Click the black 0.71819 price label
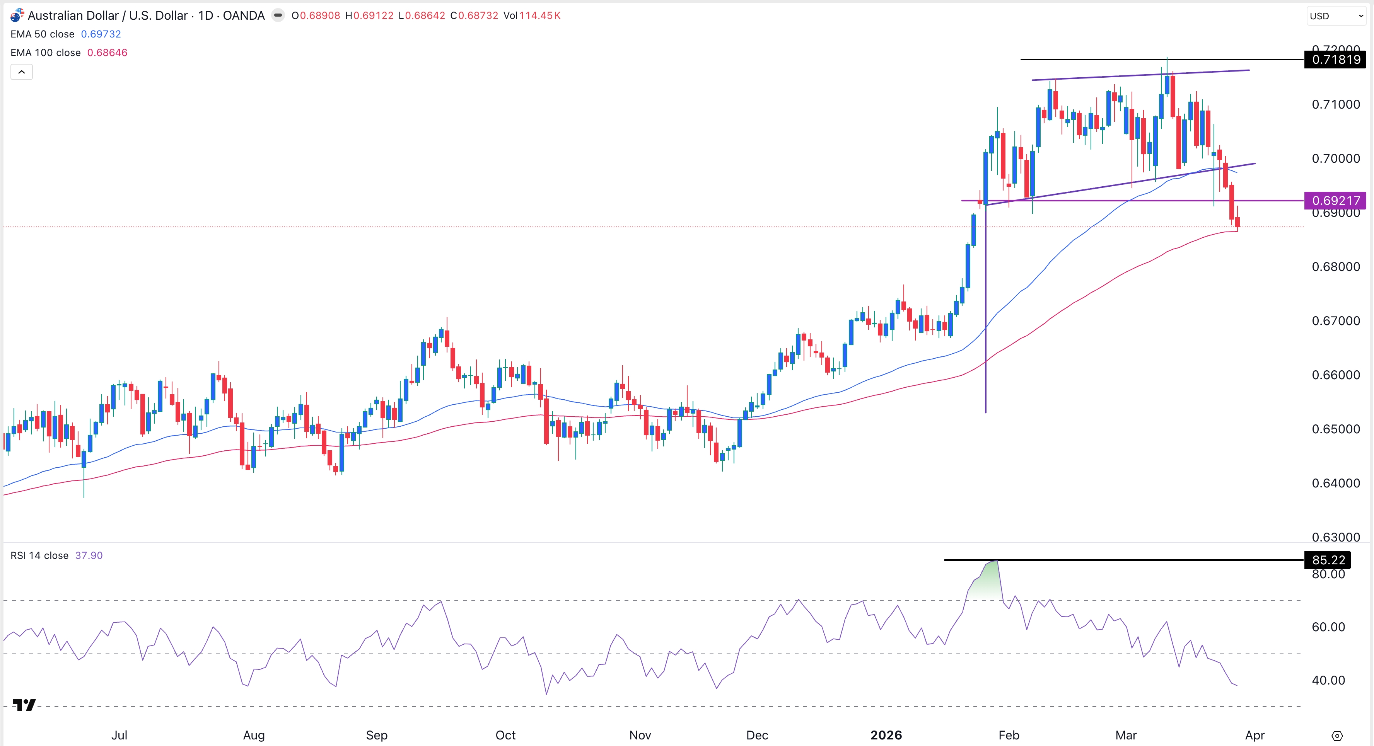click(1335, 59)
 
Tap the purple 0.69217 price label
click(1335, 201)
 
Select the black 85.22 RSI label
click(1328, 560)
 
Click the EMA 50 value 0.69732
click(101, 34)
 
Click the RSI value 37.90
click(89, 555)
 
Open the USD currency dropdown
click(1335, 16)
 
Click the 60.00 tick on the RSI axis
click(1328, 627)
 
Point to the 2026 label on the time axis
click(886, 735)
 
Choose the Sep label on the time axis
click(377, 735)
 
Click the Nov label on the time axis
click(640, 735)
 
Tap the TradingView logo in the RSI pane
click(24, 705)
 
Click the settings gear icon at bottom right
click(1336, 736)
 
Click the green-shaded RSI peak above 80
click(987, 579)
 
